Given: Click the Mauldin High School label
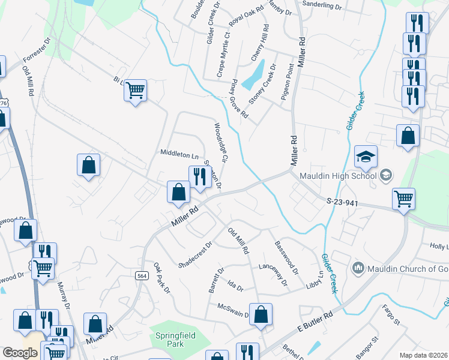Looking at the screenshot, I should point(335,176).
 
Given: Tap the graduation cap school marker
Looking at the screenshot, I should point(366,158).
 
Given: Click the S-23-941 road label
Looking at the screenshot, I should point(343,203).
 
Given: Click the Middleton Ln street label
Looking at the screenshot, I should point(179,154).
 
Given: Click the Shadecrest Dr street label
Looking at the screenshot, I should point(196,254).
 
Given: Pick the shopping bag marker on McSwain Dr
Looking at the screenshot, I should point(261,314).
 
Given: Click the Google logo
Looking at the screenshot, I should point(20,353).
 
